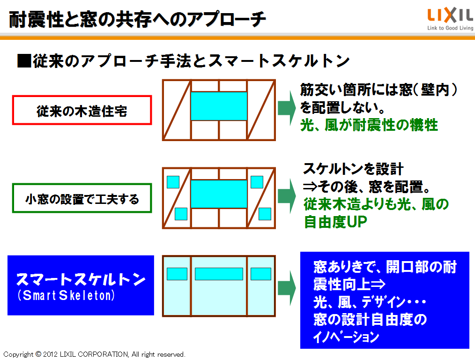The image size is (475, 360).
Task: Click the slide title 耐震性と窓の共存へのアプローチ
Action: (x=137, y=19)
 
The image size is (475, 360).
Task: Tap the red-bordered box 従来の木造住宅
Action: (x=82, y=110)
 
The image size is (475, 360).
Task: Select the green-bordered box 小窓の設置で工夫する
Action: (x=82, y=198)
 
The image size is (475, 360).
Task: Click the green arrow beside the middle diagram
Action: (x=287, y=196)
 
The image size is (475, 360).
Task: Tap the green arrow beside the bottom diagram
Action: (x=287, y=288)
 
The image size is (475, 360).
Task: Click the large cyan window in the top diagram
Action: (x=219, y=106)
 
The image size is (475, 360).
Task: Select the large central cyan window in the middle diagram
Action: (x=219, y=194)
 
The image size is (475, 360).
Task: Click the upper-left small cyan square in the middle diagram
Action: (x=173, y=182)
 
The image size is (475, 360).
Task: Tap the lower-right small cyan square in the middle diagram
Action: (x=265, y=214)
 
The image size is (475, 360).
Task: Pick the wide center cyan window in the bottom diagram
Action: (x=219, y=274)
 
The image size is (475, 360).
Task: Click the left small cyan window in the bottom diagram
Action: (x=177, y=274)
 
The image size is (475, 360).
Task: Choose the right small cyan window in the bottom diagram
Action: (x=261, y=274)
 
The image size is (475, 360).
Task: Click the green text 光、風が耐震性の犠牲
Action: (x=369, y=125)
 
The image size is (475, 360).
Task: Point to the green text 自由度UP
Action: (x=335, y=222)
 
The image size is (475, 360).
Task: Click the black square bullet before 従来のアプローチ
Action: (x=24, y=60)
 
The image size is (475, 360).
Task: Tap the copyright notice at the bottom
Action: (x=94, y=354)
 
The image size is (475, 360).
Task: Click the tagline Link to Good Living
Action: (x=450, y=28)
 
